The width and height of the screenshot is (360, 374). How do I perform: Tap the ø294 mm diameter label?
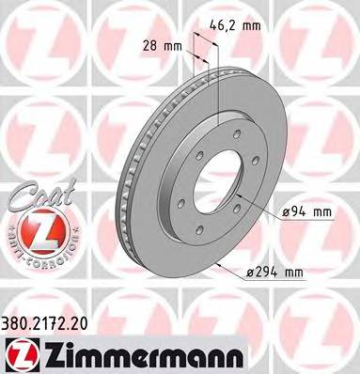tap(306, 273)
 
